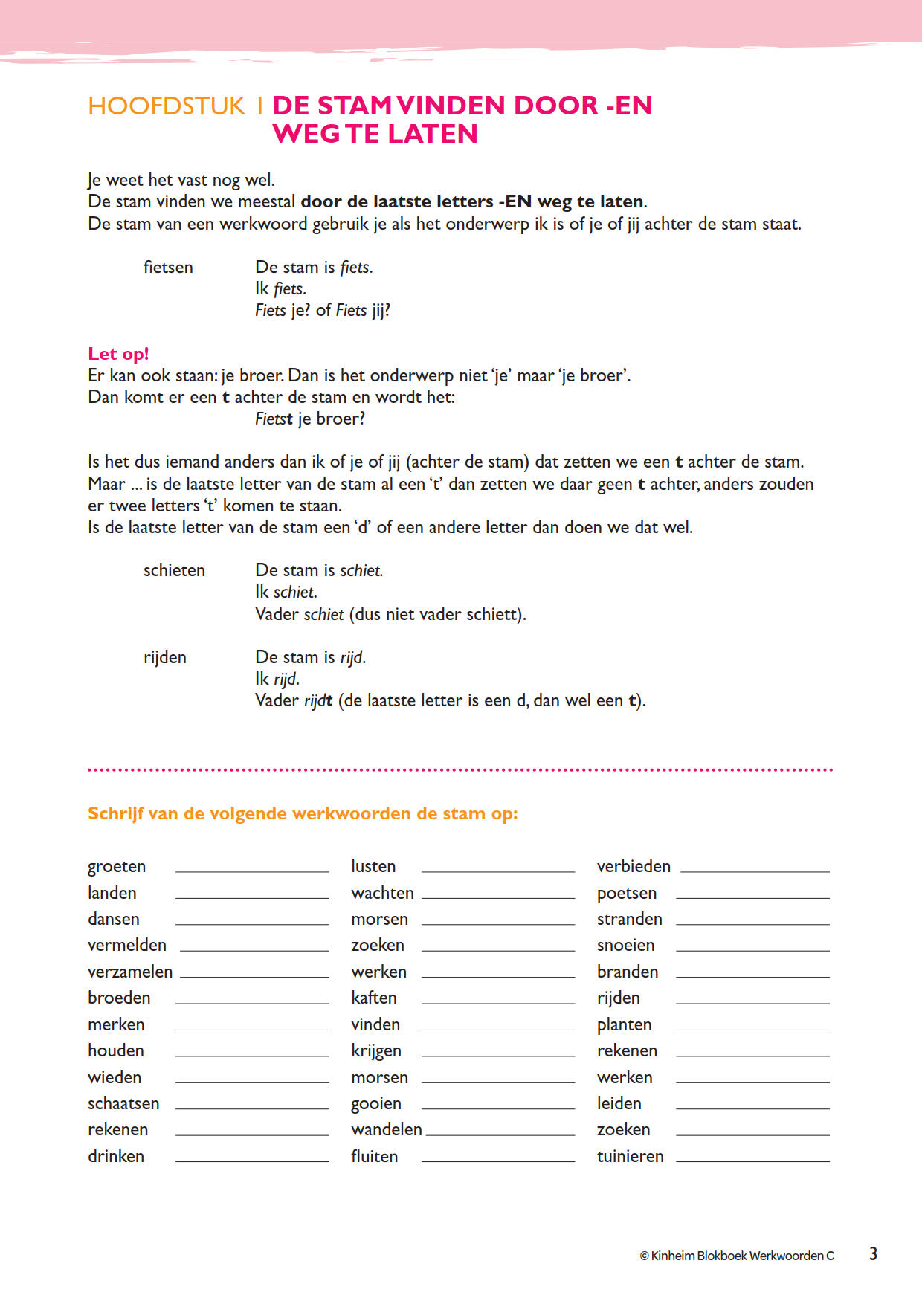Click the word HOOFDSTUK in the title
point(167,106)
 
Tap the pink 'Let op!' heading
point(118,354)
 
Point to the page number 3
point(873,1254)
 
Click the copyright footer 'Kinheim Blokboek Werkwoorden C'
point(737,1256)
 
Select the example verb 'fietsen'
point(168,268)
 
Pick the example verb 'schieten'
point(174,571)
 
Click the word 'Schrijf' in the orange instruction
point(115,813)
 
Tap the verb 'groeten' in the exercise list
point(117,867)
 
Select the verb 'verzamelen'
point(130,972)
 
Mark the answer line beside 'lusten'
point(497,871)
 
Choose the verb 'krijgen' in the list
point(376,1051)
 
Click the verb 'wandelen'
point(387,1130)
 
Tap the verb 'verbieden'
point(634,867)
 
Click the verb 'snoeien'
point(626,946)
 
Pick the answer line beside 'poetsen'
point(752,897)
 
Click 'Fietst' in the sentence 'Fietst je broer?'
point(274,419)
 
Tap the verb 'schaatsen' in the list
point(123,1104)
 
